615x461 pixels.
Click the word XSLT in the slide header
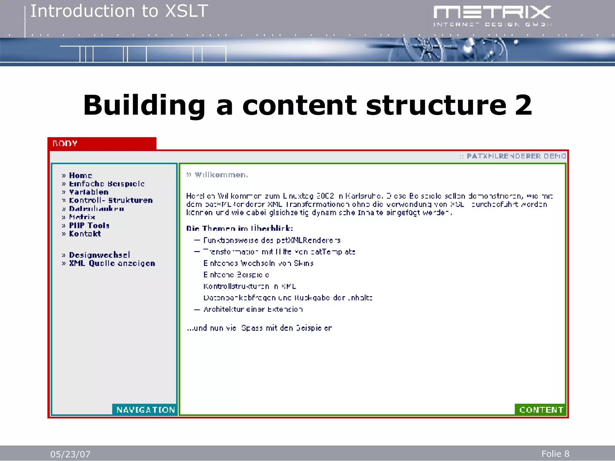point(186,11)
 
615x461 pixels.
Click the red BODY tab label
point(65,143)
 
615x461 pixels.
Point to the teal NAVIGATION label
point(146,410)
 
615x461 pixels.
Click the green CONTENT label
point(541,410)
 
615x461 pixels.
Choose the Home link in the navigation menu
point(80,176)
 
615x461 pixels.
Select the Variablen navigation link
point(89,192)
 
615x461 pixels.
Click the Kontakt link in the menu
point(85,234)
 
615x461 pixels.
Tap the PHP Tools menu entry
point(89,225)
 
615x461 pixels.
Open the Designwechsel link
point(99,255)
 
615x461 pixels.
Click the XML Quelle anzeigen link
point(112,263)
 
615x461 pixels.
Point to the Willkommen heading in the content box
point(221,175)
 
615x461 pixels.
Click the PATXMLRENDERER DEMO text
point(516,156)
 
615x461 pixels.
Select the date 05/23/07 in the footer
point(70,454)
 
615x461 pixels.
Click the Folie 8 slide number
point(555,454)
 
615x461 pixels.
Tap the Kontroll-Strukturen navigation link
point(111,200)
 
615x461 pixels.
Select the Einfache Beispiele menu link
point(107,184)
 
